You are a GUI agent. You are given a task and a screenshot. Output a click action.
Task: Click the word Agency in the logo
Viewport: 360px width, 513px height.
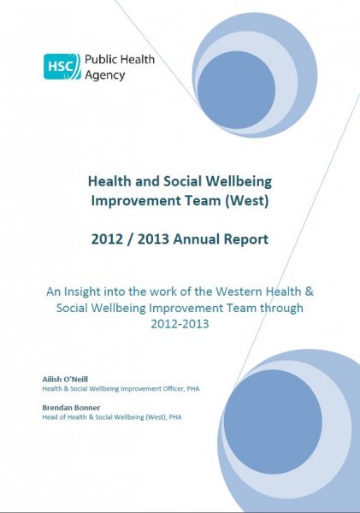click(x=104, y=75)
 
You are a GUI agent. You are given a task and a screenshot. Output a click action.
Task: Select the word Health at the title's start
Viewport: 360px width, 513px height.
click(x=109, y=180)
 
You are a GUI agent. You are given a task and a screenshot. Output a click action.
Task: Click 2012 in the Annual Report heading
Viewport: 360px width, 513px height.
click(x=108, y=239)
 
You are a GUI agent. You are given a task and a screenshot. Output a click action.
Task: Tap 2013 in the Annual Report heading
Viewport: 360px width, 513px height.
click(x=151, y=239)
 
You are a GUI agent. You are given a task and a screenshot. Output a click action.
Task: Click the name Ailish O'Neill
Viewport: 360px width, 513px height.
click(x=70, y=379)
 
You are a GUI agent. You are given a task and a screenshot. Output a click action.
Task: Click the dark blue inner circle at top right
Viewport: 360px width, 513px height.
click(x=236, y=90)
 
